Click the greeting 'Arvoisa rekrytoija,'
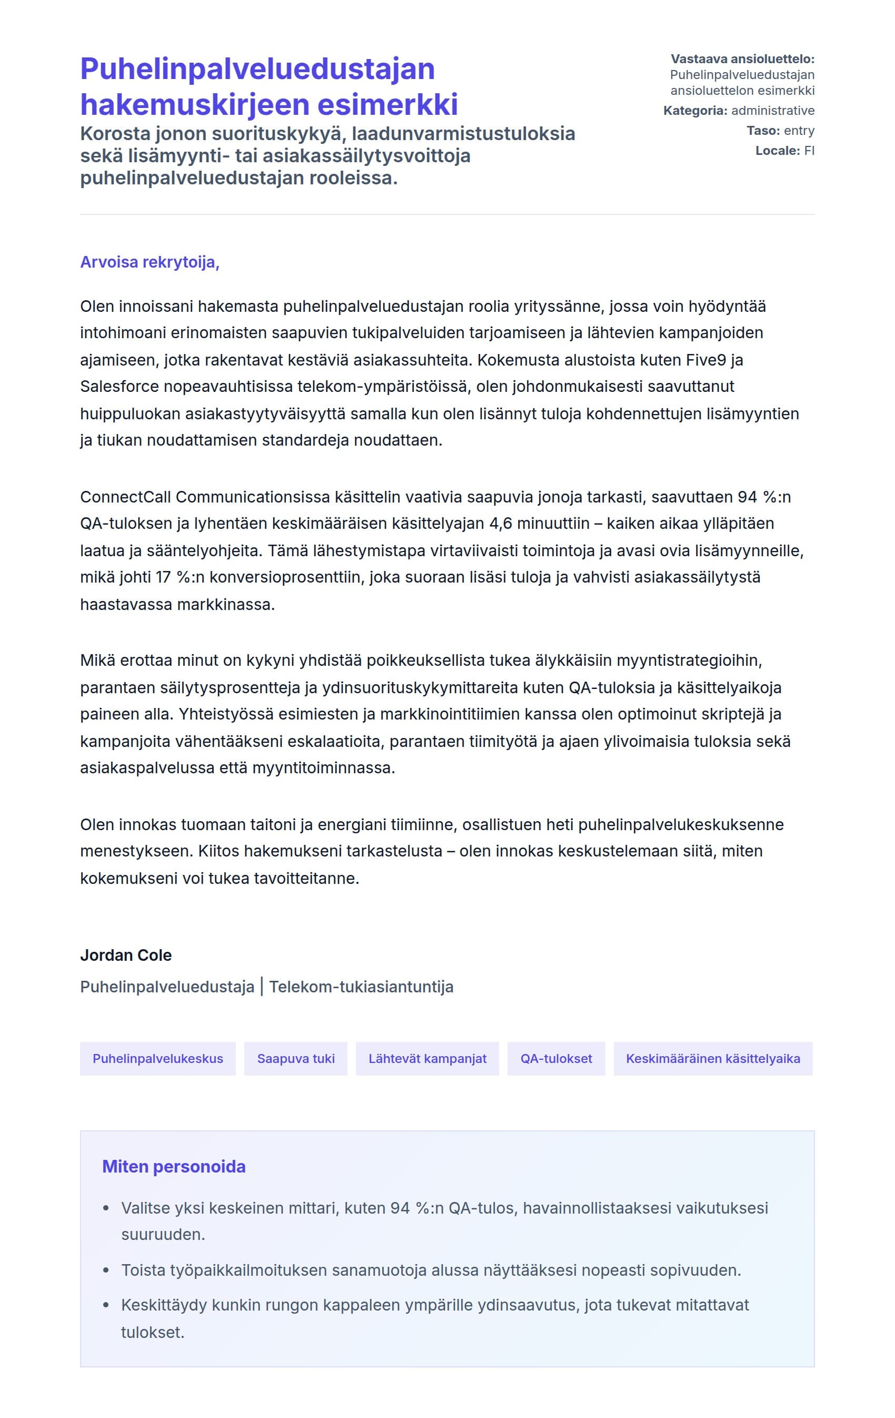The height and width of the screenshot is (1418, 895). point(150,262)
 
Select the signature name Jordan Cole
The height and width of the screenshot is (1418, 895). point(125,955)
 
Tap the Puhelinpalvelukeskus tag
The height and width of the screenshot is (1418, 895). point(158,1059)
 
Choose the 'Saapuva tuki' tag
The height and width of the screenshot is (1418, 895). point(295,1059)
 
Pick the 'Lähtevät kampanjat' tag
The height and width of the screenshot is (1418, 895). point(427,1059)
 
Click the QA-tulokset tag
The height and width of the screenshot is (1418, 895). point(556,1059)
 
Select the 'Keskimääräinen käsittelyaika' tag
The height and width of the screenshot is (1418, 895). point(713,1059)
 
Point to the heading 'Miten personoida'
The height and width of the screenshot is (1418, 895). point(174,1167)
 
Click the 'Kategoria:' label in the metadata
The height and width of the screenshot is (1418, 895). point(695,111)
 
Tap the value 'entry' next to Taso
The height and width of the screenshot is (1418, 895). point(799,131)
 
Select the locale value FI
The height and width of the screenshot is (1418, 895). point(809,151)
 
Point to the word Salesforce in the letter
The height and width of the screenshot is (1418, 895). point(120,386)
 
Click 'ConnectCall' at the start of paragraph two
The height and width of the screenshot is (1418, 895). point(125,497)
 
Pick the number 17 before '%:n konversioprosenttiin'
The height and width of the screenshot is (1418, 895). point(163,577)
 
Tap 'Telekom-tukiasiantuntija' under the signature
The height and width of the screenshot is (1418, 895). point(361,987)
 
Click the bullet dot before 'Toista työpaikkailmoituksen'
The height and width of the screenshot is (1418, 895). point(106,1270)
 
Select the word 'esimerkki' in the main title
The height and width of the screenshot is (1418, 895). point(388,105)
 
